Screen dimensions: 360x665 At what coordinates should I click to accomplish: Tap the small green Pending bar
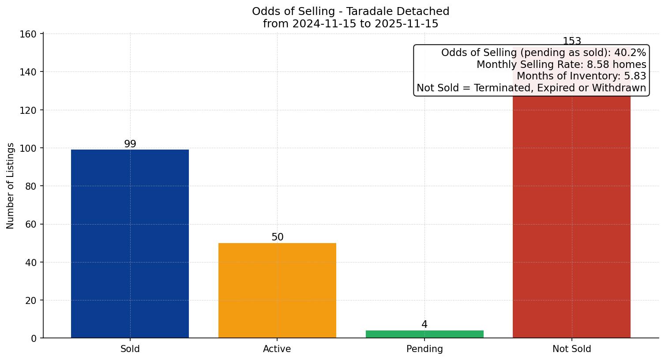point(425,334)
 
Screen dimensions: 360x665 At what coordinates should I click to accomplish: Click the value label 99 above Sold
point(130,144)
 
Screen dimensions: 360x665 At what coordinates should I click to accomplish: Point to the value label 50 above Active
point(277,237)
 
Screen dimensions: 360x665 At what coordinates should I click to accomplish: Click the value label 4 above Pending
point(425,324)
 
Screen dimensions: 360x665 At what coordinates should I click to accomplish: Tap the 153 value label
point(572,41)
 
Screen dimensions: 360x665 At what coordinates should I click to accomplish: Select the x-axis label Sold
point(130,349)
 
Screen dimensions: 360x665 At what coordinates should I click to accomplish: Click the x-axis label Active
point(277,349)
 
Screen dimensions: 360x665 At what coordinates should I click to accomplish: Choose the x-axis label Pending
point(425,349)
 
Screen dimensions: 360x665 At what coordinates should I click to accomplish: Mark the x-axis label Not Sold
point(571,349)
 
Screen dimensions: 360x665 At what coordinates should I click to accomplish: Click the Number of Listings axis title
point(11,185)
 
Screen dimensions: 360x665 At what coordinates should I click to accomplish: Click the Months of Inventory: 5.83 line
point(581,76)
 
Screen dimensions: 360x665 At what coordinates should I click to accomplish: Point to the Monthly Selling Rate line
point(561,65)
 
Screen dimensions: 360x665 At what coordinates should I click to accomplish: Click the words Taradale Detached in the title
point(398,11)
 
